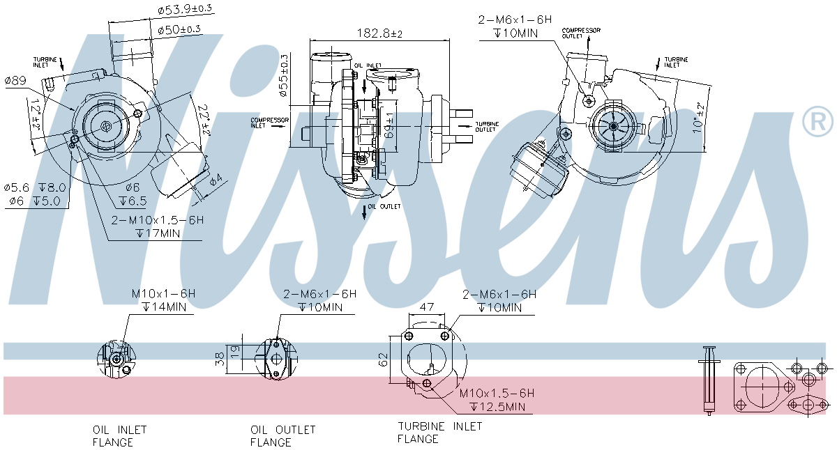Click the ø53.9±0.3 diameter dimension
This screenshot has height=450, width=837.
(185, 9)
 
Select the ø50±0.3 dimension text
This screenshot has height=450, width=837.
(179, 29)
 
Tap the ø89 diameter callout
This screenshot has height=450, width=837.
(15, 82)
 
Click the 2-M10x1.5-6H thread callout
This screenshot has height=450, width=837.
(158, 220)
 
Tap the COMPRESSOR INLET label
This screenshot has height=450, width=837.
(269, 123)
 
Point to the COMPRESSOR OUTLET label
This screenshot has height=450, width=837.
(582, 33)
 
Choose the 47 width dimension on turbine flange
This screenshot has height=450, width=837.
(428, 306)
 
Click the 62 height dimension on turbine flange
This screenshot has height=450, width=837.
(382, 359)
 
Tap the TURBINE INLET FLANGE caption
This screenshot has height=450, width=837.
(439, 432)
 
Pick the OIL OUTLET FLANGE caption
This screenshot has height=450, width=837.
(282, 435)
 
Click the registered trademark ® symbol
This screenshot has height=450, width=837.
(817, 122)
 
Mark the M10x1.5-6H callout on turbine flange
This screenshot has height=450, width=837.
(496, 393)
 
